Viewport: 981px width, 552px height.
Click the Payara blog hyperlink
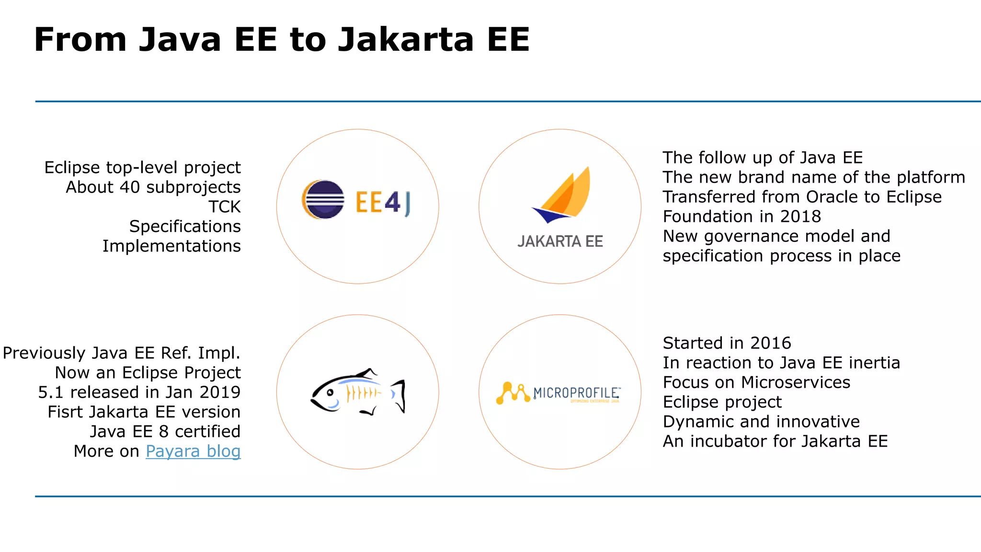pyautogui.click(x=193, y=451)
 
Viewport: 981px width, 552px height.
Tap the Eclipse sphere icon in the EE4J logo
pyautogui.click(x=324, y=200)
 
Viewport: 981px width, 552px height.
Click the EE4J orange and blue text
pyautogui.click(x=383, y=203)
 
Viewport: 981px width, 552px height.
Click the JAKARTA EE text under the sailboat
pyautogui.click(x=560, y=241)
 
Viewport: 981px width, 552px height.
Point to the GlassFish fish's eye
pyautogui.click(x=330, y=392)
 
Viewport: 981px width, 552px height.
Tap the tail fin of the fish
pyautogui.click(x=399, y=395)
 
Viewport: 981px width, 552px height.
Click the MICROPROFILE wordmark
pyautogui.click(x=577, y=393)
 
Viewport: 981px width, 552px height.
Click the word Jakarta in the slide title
pyautogui.click(x=406, y=39)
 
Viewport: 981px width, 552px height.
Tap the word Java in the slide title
pyautogui.click(x=180, y=39)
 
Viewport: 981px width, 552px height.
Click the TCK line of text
pyautogui.click(x=224, y=207)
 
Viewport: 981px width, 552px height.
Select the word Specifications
pyautogui.click(x=185, y=227)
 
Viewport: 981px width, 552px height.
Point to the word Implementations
pyautogui.click(x=171, y=246)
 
